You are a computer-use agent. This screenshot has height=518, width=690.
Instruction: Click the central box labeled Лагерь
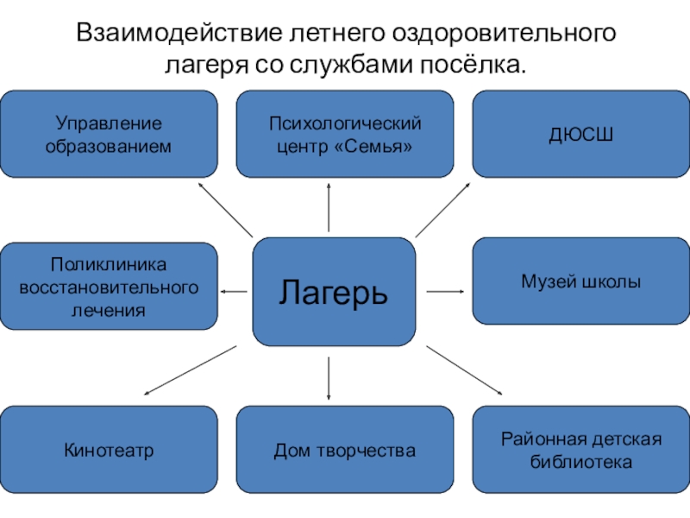pos(334,292)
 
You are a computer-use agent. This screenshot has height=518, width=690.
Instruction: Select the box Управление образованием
pos(109,134)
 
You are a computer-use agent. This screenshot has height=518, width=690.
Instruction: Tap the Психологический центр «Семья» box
pos(345,134)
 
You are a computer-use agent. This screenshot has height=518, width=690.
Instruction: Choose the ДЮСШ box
pos(580,134)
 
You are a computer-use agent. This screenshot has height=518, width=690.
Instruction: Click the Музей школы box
pos(580,281)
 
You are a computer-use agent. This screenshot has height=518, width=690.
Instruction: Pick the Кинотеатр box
pos(109,449)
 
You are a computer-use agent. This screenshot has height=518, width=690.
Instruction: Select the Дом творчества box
pos(345,449)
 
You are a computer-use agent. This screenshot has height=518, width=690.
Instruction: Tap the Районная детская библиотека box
pos(580,449)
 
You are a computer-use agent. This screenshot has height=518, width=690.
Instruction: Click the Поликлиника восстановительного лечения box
pos(109,286)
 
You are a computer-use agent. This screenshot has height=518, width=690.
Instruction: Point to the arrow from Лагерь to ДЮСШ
pos(442,210)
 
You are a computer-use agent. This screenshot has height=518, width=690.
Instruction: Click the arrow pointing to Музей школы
pos(445,291)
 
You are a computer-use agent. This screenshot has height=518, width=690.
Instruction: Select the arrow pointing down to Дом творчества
pos(329,378)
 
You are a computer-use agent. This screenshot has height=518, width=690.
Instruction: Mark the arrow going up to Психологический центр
pos(329,207)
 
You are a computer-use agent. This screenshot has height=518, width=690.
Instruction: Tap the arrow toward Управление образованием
pos(225,210)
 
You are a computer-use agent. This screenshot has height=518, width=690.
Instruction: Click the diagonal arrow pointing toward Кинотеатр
pos(190,370)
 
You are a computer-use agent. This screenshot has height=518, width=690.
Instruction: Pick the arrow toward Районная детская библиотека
pos(464,370)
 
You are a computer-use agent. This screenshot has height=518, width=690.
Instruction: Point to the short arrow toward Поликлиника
pos(234,291)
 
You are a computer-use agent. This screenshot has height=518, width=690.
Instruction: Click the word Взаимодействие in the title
pos(179,33)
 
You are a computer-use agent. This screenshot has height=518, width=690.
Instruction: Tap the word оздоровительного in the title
pos(504,34)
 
